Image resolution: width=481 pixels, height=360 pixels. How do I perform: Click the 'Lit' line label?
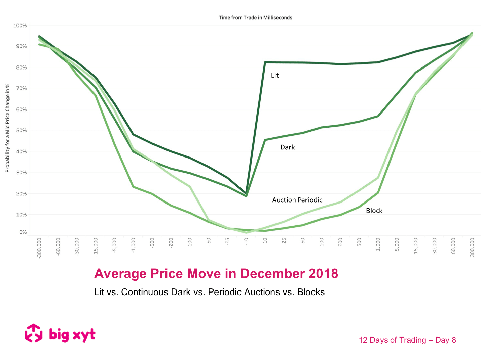[275, 76]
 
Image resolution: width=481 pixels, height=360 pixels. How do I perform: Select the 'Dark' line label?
[288, 147]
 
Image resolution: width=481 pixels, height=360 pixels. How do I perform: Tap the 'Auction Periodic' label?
[297, 200]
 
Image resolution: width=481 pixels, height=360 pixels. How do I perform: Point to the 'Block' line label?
[374, 211]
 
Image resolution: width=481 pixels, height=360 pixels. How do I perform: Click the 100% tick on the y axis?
[20, 26]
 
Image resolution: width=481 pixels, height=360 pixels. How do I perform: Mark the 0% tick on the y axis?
[23, 232]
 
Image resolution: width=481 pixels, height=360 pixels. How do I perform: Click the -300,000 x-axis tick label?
[39, 248]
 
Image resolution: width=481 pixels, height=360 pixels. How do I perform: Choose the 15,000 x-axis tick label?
[416, 246]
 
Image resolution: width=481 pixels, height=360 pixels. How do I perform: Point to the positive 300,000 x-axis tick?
[472, 247]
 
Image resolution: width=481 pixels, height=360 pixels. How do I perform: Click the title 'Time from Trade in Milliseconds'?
[255, 18]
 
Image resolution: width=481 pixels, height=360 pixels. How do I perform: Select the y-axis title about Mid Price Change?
[7, 128]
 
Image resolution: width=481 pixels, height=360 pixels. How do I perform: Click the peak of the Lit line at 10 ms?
[265, 62]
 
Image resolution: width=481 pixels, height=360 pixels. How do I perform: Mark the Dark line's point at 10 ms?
[265, 140]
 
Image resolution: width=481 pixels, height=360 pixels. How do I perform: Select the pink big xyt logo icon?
[34, 333]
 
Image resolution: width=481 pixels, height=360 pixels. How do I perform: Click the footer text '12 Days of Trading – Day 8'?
[407, 340]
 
